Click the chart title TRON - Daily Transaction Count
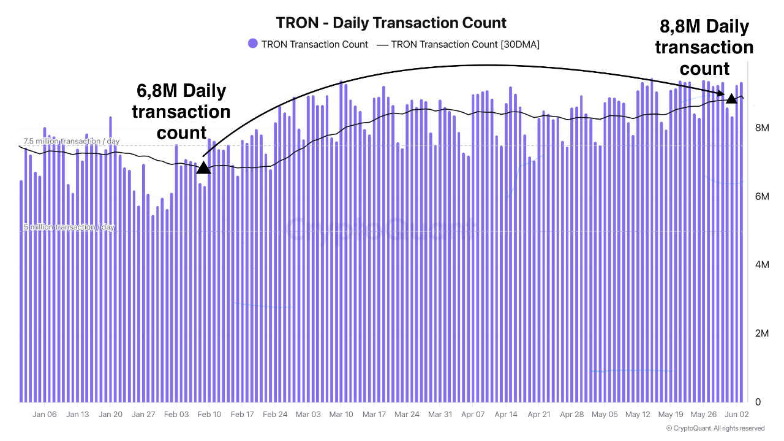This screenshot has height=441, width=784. (x=391, y=23)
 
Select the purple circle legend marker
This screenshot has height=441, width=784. (x=253, y=44)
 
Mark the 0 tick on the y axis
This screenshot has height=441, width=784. (x=758, y=402)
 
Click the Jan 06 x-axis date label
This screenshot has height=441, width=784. (x=44, y=415)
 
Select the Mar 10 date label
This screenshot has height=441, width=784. (x=341, y=415)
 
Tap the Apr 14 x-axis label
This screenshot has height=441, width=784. (x=506, y=415)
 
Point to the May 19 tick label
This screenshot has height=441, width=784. (x=671, y=415)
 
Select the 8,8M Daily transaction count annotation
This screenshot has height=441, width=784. (x=704, y=47)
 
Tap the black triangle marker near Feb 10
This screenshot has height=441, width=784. (x=203, y=167)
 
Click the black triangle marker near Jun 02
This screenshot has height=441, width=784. (x=731, y=98)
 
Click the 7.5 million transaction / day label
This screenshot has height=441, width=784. (x=72, y=141)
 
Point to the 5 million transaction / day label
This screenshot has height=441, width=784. (x=69, y=227)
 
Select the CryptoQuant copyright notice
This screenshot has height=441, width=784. (x=715, y=428)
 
